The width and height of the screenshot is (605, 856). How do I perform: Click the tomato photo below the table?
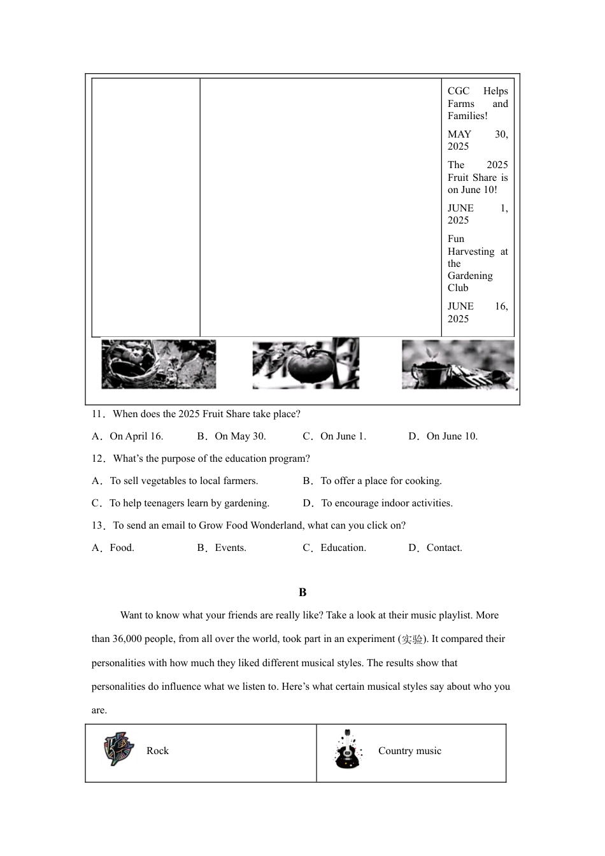click(x=306, y=364)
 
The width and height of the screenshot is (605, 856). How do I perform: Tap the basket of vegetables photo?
click(x=159, y=364)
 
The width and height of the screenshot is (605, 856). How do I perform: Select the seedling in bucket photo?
click(x=458, y=364)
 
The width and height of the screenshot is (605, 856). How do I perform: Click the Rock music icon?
click(x=119, y=749)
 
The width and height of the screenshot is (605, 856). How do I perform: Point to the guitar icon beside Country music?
click(x=347, y=750)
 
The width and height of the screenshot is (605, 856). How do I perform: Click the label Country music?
click(x=409, y=751)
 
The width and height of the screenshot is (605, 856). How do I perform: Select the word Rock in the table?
click(x=157, y=751)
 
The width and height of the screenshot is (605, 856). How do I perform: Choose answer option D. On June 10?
click(x=443, y=436)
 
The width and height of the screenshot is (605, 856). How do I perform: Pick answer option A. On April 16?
click(x=128, y=436)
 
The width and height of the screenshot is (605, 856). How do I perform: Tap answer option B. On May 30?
click(x=232, y=436)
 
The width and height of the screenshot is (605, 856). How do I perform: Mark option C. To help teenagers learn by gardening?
click(x=181, y=503)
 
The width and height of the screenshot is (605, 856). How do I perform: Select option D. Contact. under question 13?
click(x=436, y=548)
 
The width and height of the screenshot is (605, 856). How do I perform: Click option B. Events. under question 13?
click(x=222, y=548)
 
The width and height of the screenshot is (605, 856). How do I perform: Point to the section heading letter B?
click(x=302, y=592)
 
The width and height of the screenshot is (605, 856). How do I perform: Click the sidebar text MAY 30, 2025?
click(x=478, y=140)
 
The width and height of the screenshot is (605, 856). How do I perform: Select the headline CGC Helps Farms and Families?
click(x=478, y=103)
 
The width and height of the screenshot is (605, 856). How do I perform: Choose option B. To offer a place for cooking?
click(x=373, y=481)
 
